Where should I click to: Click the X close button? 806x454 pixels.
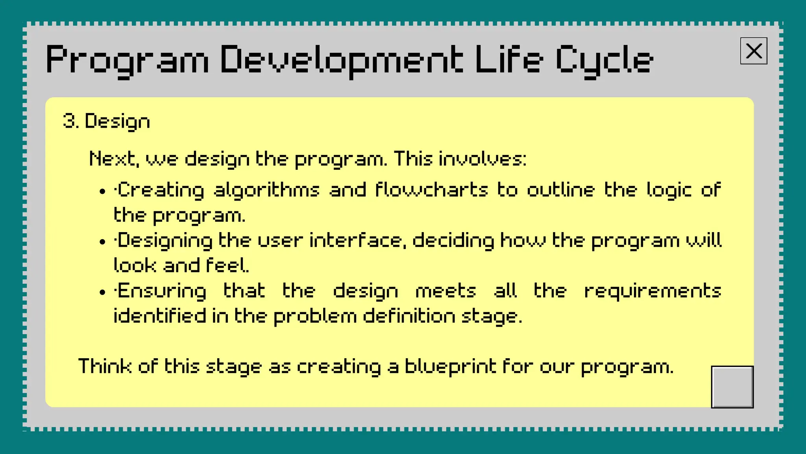coord(754,51)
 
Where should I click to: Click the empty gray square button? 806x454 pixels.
coord(732,387)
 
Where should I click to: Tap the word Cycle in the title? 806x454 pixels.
coord(604,60)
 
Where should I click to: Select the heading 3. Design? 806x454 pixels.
coord(107,121)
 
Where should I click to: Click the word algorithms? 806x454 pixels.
coord(266,190)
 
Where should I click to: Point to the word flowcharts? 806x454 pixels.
coord(431,190)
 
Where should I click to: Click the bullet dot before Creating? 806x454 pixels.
coord(103,192)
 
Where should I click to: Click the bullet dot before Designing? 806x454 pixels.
coord(103,242)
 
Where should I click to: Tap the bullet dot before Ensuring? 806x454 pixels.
coord(103,292)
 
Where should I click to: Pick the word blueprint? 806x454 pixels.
coord(451,367)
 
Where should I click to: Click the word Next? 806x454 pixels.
coord(114,159)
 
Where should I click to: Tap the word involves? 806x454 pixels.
coord(482,159)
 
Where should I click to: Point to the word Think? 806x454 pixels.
coord(105,366)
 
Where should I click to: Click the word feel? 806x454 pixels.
coord(227,266)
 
